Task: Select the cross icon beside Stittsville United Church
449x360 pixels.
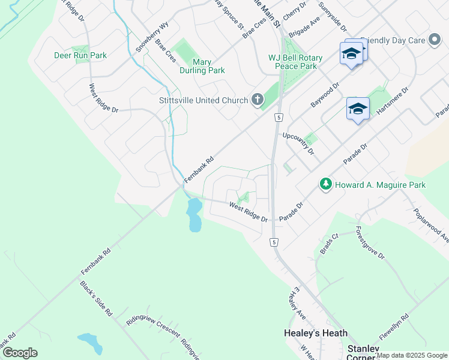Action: pyautogui.click(x=258, y=100)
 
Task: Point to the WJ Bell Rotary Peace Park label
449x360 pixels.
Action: pyautogui.click(x=295, y=62)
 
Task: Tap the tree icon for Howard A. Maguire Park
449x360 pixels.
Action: pyautogui.click(x=326, y=184)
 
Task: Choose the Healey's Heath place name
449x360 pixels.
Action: pyautogui.click(x=315, y=333)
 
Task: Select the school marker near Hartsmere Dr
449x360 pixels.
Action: pyautogui.click(x=358, y=109)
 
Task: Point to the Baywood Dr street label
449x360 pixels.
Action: pyautogui.click(x=325, y=95)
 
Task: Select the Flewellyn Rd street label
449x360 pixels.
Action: pyautogui.click(x=393, y=327)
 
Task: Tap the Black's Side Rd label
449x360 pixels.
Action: pyautogui.click(x=96, y=298)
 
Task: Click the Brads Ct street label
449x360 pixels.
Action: pyautogui.click(x=330, y=243)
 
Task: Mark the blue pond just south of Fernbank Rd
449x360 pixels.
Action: pyautogui.click(x=194, y=215)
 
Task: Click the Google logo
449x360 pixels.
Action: pyautogui.click(x=20, y=353)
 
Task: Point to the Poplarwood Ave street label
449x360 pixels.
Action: pyautogui.click(x=431, y=225)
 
